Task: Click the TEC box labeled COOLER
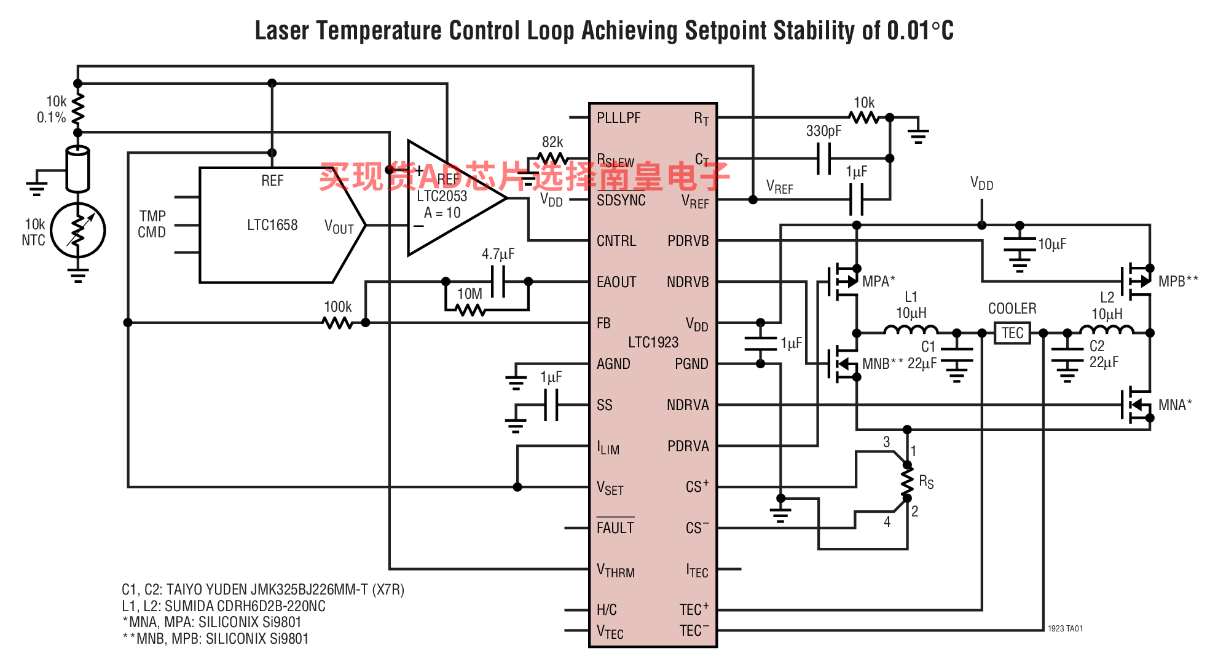tap(1012, 333)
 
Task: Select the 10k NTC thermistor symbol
tap(78, 231)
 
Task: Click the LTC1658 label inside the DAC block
tap(272, 225)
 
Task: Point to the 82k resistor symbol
tap(552, 158)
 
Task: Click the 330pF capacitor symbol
tap(823, 158)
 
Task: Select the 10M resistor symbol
tap(471, 310)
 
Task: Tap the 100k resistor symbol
tap(337, 322)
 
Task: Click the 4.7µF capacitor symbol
tap(498, 282)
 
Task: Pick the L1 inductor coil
tap(911, 330)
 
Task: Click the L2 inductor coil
tap(1106, 330)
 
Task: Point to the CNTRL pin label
tap(616, 241)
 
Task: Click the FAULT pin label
tap(615, 528)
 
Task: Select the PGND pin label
tap(691, 364)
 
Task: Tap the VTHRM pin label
tap(616, 571)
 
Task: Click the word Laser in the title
tap(283, 31)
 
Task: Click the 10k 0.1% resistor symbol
tap(78, 109)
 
